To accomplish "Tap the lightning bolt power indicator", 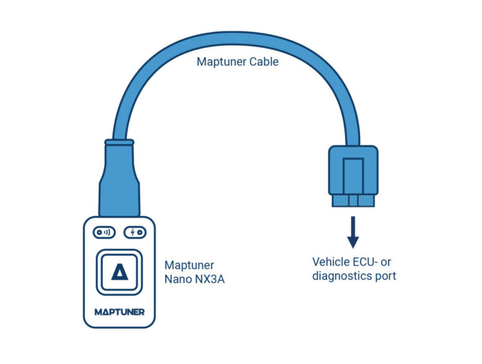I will pyautogui.click(x=136, y=232).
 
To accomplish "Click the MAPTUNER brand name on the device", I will pyautogui.click(x=119, y=313).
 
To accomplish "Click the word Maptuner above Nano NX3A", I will pyautogui.click(x=189, y=265).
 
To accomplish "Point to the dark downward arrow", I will pyautogui.click(x=352, y=234).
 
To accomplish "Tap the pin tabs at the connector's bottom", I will pyautogui.click(x=352, y=201).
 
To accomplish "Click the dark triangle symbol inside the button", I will pyautogui.click(x=119, y=272).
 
